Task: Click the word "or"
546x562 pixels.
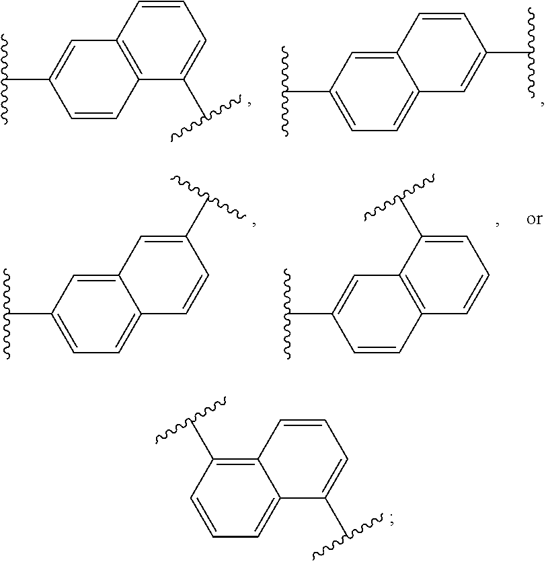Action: (x=534, y=220)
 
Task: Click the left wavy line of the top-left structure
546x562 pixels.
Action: (x=7, y=80)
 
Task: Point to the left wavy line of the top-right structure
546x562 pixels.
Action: (x=286, y=92)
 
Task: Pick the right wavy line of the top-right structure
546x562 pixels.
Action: (x=526, y=51)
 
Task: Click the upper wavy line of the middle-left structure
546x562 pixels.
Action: (x=208, y=196)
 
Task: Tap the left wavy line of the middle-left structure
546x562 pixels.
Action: (x=8, y=314)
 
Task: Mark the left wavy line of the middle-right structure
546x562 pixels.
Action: (x=287, y=314)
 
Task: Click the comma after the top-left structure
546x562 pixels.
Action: (x=250, y=103)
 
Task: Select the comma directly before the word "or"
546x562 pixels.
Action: (x=497, y=223)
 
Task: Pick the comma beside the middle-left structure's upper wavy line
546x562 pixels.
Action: (x=254, y=223)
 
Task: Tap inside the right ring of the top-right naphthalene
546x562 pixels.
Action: (x=440, y=51)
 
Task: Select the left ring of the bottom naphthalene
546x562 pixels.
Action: (x=235, y=499)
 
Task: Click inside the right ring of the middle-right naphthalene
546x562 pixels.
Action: (x=444, y=275)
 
